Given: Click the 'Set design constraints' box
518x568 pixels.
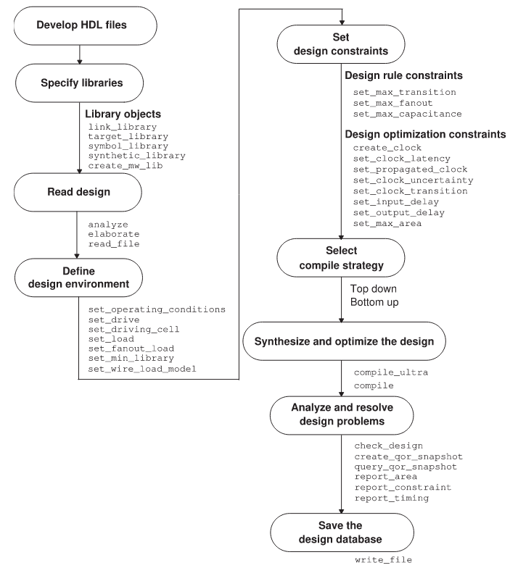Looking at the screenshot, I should (340, 43).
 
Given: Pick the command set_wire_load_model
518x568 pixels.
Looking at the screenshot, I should (142, 368).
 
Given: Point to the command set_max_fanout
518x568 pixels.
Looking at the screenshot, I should (392, 104).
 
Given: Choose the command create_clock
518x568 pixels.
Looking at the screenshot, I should (386, 148).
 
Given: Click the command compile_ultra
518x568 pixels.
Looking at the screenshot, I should (391, 372).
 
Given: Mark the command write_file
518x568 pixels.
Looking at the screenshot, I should (383, 560).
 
